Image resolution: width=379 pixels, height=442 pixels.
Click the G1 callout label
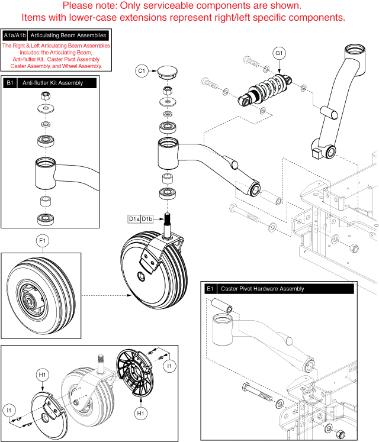280,53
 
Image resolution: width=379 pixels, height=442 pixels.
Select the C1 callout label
142,72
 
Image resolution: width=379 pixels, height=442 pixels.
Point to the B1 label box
10,83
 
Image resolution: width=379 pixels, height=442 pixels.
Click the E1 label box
210,289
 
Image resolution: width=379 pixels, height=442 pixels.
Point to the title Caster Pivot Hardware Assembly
262,289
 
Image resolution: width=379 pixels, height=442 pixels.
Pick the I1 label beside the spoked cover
170,367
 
